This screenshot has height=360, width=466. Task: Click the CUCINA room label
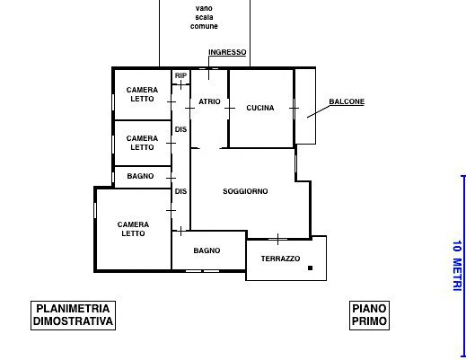coord(260,108)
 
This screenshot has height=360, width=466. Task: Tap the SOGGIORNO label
coord(245,191)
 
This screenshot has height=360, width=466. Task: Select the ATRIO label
coord(209,101)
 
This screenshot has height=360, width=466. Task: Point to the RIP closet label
coord(180,75)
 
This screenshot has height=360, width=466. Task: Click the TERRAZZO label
coord(280,259)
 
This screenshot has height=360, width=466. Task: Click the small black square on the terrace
coord(310,268)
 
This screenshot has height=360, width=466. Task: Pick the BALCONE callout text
coord(347,101)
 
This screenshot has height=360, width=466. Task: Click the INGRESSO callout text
coord(227,52)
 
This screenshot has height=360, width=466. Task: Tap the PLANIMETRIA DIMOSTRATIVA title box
coord(73,315)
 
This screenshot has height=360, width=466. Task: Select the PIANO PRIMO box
coord(369,315)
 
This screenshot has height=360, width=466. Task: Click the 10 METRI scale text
coord(457,266)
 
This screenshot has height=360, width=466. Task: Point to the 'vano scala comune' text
coord(204,17)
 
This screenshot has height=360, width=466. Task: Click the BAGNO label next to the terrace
coord(207,250)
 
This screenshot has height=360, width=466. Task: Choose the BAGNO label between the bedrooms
coord(140,176)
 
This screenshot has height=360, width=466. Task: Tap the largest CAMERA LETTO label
coord(133,229)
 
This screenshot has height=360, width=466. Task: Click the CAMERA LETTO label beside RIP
coord(142,94)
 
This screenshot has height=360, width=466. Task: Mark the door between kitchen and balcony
coord(295,108)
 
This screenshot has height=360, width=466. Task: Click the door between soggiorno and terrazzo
coord(278,239)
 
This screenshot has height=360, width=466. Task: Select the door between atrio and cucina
coord(229,108)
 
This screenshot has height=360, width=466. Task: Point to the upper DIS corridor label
coord(180,129)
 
